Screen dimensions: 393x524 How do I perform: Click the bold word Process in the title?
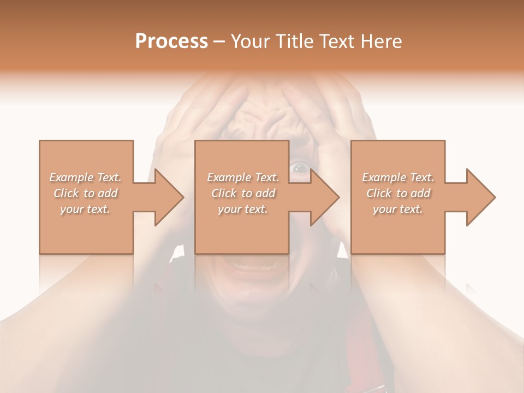(171, 41)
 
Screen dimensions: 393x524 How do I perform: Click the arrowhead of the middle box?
(324, 197)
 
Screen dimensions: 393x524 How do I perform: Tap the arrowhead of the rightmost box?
(480, 197)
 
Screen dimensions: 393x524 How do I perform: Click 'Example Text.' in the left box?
(86, 177)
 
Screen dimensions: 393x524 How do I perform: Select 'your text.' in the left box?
(86, 209)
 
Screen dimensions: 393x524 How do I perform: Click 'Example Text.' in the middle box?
(243, 177)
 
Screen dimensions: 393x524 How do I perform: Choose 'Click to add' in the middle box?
(243, 193)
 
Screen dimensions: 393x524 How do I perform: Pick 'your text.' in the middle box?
(243, 209)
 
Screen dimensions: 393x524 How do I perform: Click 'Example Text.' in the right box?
(398, 177)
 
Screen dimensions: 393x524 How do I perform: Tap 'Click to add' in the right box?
(398, 193)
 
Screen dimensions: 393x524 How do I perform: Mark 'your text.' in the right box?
(398, 209)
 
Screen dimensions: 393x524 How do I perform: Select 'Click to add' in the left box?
(86, 193)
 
